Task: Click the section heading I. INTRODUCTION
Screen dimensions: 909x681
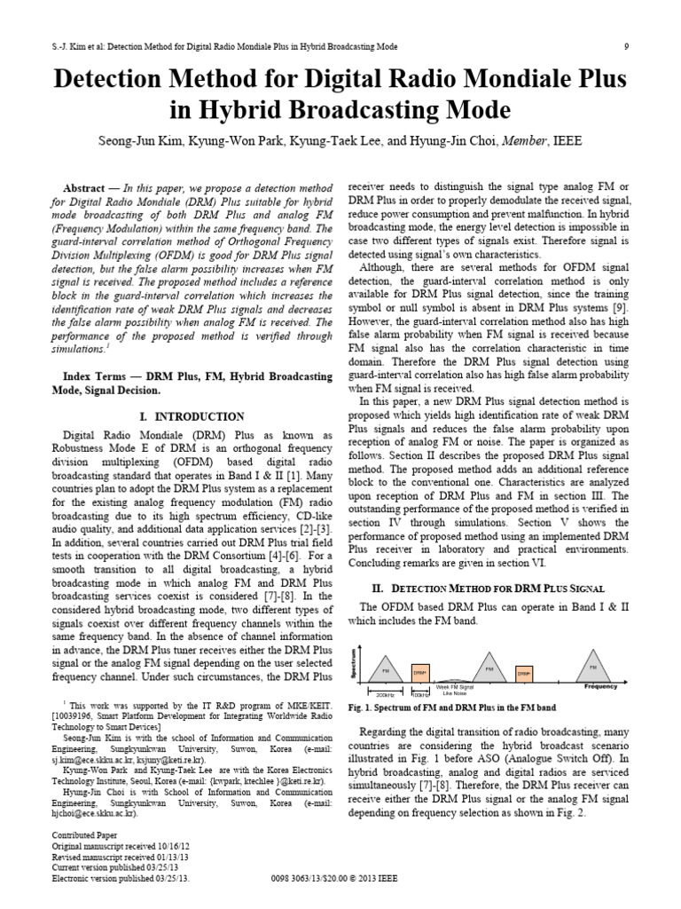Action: (192, 416)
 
